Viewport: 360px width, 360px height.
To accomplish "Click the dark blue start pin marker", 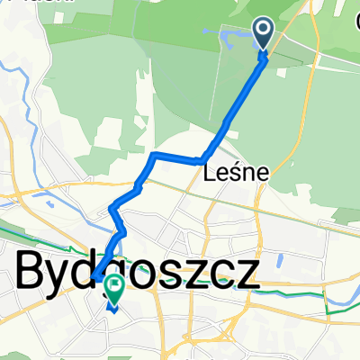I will [264, 33].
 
